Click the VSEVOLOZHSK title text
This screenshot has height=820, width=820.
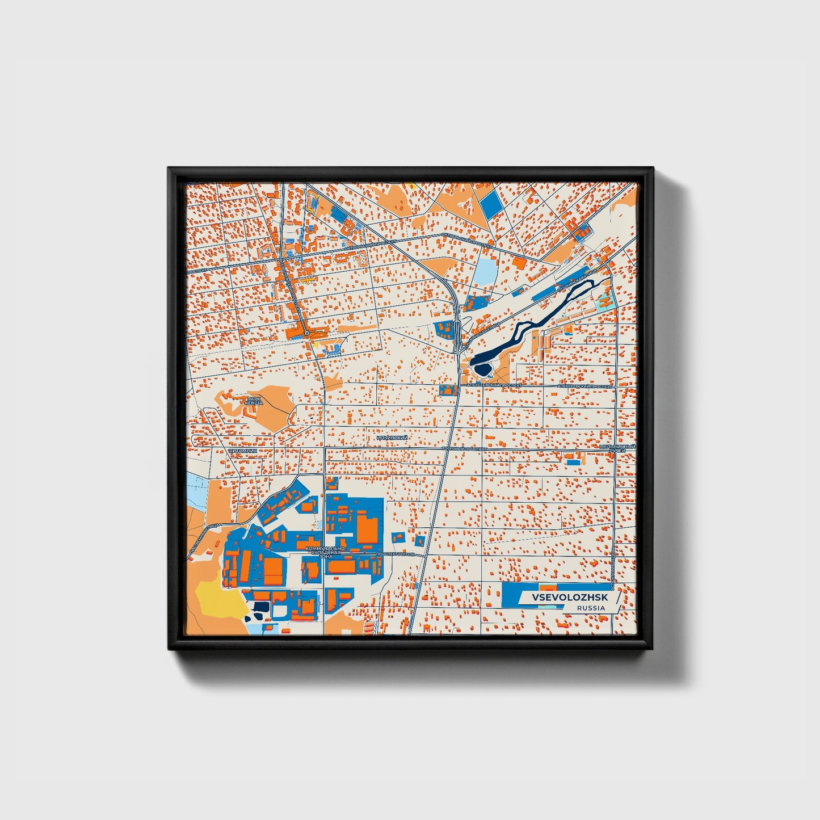(x=569, y=598)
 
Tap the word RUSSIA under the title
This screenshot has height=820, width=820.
(x=591, y=608)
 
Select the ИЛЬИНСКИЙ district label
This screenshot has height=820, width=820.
(x=392, y=438)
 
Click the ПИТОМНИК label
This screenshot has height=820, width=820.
(x=243, y=451)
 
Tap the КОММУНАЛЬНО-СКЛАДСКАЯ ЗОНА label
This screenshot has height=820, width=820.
(x=325, y=552)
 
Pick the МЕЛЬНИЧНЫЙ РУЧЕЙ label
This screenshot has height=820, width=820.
(x=617, y=449)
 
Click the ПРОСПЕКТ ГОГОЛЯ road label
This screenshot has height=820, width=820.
(x=396, y=553)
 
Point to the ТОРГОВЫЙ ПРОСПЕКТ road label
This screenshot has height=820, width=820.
(x=464, y=448)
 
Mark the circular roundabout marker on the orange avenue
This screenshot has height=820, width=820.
(x=306, y=333)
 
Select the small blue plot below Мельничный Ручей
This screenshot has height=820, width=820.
(x=574, y=462)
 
